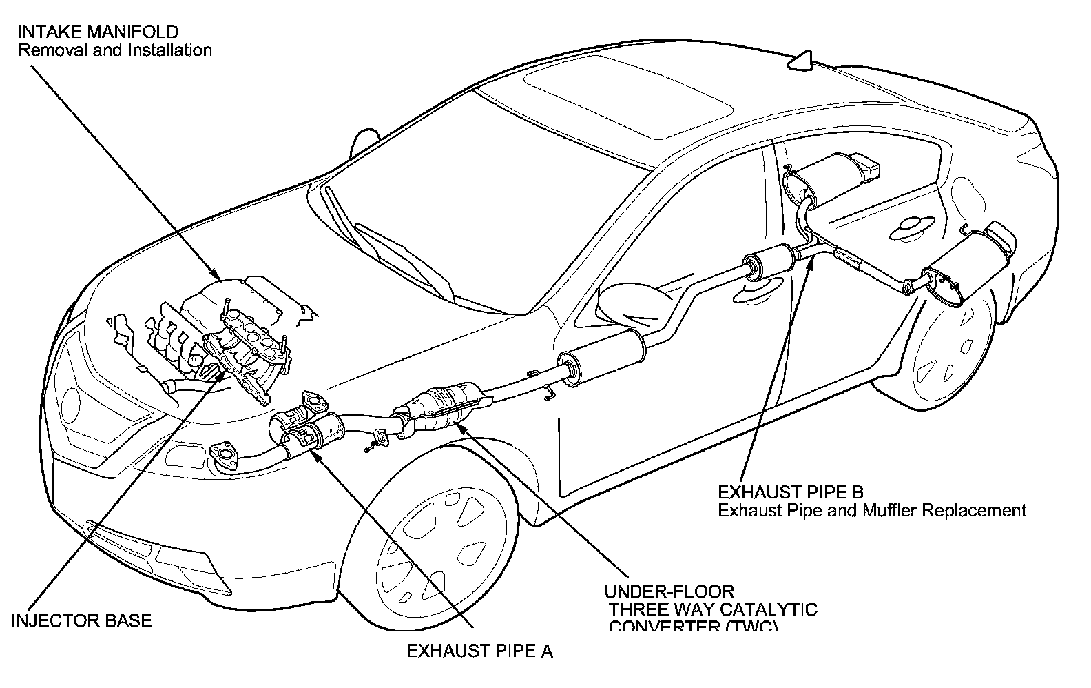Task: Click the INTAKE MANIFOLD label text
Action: click(x=98, y=32)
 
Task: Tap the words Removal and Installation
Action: click(x=115, y=50)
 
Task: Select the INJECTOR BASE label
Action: click(x=82, y=620)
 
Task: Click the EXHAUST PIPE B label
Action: click(x=791, y=492)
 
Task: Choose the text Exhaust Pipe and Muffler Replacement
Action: click(x=872, y=511)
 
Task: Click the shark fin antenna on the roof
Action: click(x=801, y=61)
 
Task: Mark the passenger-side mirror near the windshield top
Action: click(x=364, y=141)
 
